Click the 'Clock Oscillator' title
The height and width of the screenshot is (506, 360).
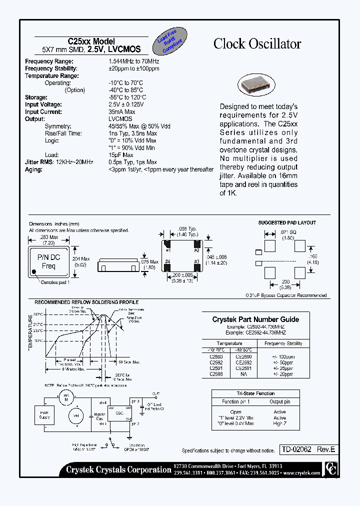257,44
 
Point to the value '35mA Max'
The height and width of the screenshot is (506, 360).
122,112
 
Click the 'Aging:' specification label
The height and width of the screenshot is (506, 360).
34,169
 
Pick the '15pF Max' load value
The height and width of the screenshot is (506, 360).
120,155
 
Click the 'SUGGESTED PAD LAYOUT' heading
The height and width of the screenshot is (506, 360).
287,222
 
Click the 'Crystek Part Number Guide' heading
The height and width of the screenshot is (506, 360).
255,319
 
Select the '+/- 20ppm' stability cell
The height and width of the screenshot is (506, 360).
282,373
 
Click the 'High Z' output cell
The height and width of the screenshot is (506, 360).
279,423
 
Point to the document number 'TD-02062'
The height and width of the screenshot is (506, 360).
295,449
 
